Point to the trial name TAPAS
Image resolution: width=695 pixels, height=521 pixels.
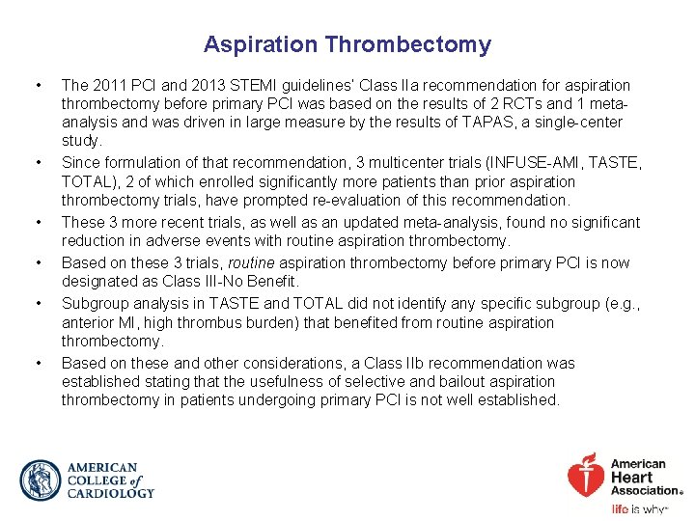click(x=488, y=123)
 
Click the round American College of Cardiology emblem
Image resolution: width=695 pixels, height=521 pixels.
click(x=40, y=480)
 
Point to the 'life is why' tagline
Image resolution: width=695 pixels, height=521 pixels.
click(x=640, y=508)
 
